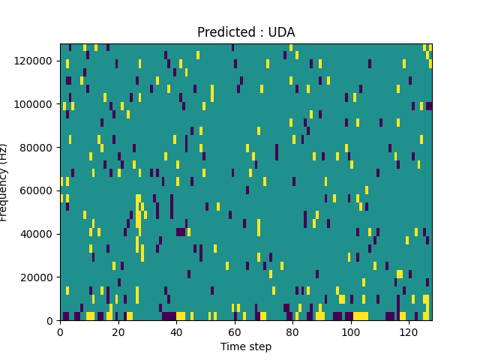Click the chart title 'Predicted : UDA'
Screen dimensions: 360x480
[x=246, y=32]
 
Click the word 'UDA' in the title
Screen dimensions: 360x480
[x=281, y=32]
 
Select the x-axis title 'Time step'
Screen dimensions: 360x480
[x=246, y=346]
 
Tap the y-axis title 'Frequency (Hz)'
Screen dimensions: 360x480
[x=6, y=182]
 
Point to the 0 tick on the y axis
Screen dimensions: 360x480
[x=51, y=320]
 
